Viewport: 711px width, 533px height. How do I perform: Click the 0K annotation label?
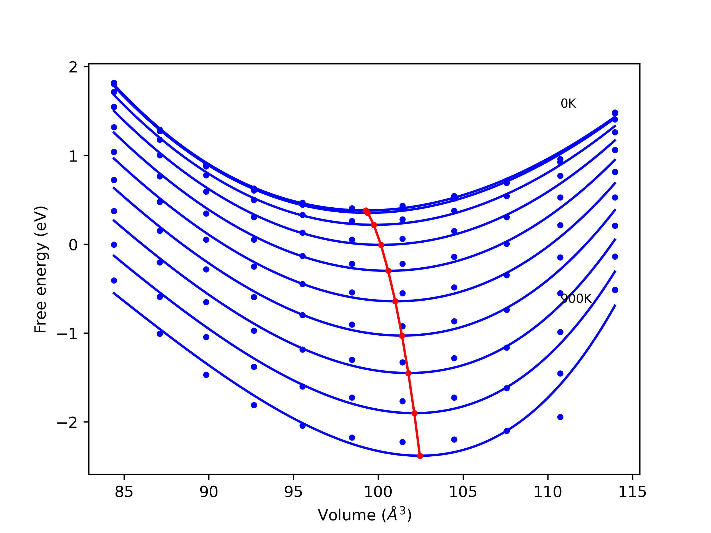point(568,104)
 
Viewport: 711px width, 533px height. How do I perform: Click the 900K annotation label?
point(576,299)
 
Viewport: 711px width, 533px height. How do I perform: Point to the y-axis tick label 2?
point(73,67)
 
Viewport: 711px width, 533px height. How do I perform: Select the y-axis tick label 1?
point(73,156)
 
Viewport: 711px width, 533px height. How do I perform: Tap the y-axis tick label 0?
point(73,245)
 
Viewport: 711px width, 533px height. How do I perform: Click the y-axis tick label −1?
point(67,334)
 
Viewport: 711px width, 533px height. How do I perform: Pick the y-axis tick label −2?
point(67,423)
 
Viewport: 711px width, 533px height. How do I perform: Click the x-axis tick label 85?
point(124,492)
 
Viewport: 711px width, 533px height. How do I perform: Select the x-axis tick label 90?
point(209,492)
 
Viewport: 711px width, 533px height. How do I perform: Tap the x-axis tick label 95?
point(294,492)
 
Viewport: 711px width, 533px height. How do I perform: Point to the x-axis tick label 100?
point(378,492)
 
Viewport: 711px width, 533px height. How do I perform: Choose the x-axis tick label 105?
point(463,492)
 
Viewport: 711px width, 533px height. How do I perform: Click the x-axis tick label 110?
point(548,492)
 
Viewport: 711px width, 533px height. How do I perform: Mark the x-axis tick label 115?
point(632,492)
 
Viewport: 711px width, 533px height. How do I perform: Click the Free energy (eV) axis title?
point(41,269)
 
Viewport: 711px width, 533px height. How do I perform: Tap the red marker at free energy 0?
point(381,245)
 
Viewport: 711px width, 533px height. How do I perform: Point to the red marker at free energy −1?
point(402,336)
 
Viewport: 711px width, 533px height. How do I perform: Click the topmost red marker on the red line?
point(366,210)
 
